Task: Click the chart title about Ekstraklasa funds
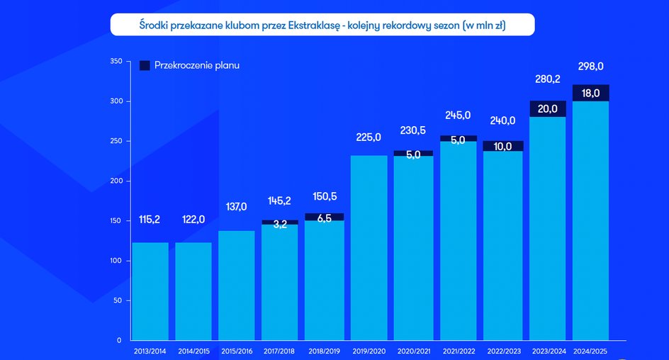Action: point(322,25)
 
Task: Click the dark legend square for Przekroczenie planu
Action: point(144,65)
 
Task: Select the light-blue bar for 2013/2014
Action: point(150,291)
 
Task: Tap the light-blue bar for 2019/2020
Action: point(369,248)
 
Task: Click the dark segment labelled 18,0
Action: point(590,93)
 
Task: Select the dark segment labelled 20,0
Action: point(547,108)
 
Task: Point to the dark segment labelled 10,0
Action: point(504,146)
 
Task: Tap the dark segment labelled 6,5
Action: point(324,217)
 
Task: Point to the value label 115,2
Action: point(150,220)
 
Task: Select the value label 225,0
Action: point(369,137)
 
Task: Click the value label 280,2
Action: point(547,79)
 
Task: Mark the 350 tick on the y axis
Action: point(116,62)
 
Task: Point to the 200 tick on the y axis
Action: point(116,181)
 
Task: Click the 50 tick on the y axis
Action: point(118,301)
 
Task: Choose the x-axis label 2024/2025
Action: point(590,350)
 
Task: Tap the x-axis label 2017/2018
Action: point(280,350)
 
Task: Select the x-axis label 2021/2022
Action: point(458,350)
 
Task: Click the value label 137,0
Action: point(237,207)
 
